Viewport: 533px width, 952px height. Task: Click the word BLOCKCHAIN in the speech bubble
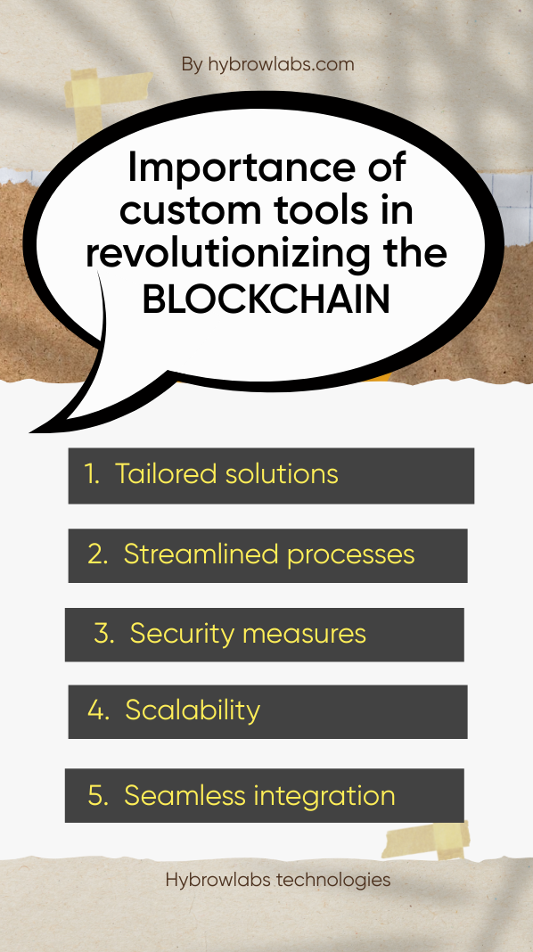266,300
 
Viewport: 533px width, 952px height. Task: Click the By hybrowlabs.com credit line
267,64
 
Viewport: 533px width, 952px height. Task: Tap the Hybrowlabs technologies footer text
278,879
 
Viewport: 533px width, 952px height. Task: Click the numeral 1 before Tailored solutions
91,474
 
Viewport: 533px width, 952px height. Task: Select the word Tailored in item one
166,473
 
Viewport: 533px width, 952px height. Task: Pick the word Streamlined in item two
201,554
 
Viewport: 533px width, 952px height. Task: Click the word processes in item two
351,556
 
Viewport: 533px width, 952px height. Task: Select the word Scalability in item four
193,710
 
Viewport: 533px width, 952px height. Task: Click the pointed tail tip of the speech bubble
31,431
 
